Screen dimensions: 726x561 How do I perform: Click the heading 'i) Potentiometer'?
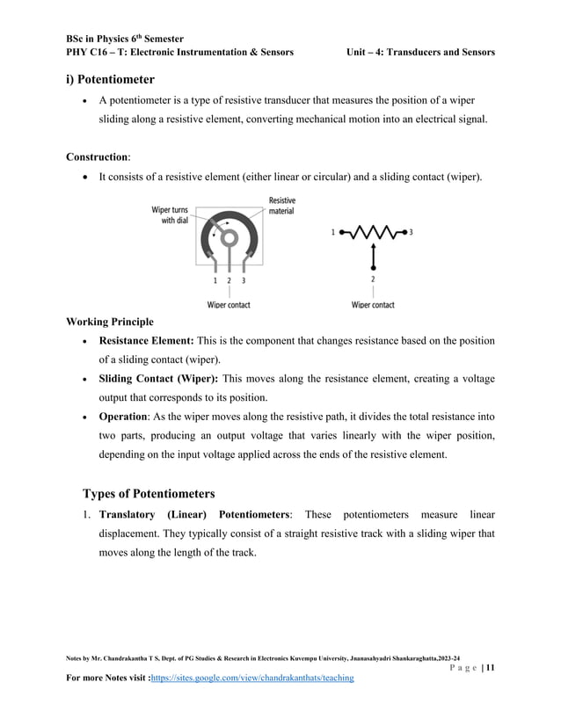(116, 80)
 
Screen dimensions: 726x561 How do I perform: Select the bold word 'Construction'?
(97, 157)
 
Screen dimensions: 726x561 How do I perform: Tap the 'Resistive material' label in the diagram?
(281, 206)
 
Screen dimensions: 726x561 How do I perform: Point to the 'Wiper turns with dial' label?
(170, 215)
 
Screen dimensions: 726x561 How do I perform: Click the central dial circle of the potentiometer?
(229, 236)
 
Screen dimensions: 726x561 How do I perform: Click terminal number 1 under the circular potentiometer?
(215, 280)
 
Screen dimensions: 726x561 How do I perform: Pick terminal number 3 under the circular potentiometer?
(243, 280)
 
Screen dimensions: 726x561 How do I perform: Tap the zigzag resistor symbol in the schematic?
(373, 233)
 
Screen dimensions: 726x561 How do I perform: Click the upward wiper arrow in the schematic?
(373, 256)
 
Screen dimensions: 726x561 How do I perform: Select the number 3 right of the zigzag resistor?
(411, 233)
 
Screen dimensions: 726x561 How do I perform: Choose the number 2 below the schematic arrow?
(373, 280)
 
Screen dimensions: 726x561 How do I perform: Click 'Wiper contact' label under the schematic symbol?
(373, 305)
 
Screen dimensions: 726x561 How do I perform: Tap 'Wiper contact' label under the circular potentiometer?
(229, 305)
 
